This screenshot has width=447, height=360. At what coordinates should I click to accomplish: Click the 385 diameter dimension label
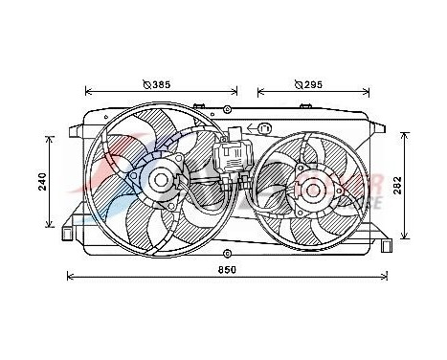pyautogui.click(x=155, y=84)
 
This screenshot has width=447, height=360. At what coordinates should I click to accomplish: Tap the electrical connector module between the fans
pyautogui.click(x=232, y=158)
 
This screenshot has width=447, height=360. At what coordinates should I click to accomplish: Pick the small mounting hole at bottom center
pyautogui.click(x=226, y=255)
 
